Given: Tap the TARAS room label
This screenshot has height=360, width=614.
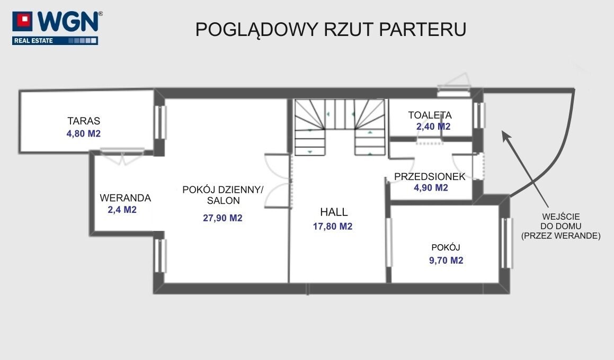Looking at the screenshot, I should click(x=83, y=121).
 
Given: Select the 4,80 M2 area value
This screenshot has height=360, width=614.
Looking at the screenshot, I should click(x=83, y=134).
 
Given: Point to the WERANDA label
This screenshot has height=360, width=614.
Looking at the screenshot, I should click(x=126, y=198).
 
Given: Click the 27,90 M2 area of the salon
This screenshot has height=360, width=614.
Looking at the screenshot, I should click(x=223, y=218).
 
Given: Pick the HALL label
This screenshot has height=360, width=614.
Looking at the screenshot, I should click(x=334, y=212).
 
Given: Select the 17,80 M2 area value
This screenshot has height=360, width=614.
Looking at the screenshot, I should click(x=333, y=227).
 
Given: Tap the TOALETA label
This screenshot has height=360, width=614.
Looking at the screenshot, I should click(x=430, y=115).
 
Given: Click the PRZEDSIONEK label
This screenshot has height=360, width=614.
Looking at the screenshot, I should click(x=430, y=177).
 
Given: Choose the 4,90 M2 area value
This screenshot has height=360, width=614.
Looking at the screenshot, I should click(x=431, y=188).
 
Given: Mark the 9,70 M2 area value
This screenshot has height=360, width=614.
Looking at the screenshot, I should click(x=446, y=260).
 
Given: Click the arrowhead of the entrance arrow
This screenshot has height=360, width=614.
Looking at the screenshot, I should click(x=505, y=135).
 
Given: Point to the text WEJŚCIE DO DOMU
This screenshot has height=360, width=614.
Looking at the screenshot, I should click(x=560, y=221).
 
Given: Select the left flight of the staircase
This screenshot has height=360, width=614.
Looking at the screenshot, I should click(x=310, y=128).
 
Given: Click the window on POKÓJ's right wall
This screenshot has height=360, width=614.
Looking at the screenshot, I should click(x=506, y=243).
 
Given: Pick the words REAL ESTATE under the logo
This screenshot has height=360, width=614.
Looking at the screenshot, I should click(x=32, y=40).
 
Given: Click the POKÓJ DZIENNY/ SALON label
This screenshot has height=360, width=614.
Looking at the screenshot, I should click(x=223, y=195).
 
